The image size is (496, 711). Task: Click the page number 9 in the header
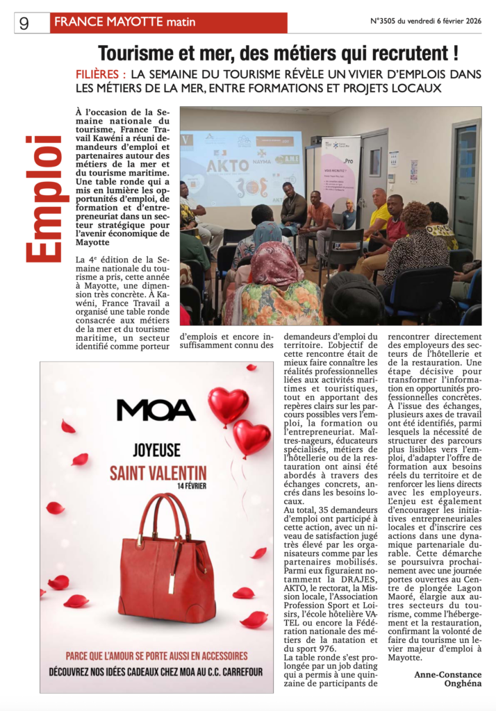pyautogui.click(x=24, y=23)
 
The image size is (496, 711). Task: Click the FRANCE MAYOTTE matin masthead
pyautogui.click(x=125, y=22)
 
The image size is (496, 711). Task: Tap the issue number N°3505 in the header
pyautogui.click(x=390, y=22)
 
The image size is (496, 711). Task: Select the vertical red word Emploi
pyautogui.click(x=43, y=199)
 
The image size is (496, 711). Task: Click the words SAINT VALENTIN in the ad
pyautogui.click(x=158, y=474)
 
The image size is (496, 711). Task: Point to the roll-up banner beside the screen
pyautogui.click(x=340, y=174)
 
